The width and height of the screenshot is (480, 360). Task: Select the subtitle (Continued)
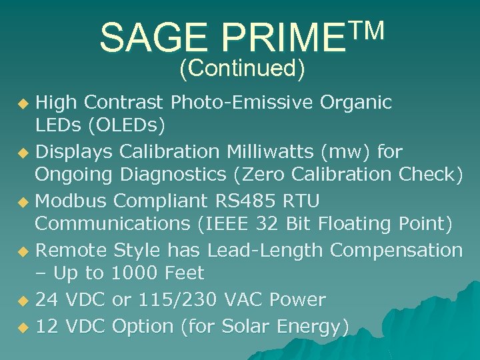point(241,67)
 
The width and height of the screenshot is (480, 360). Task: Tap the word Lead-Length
point(265,250)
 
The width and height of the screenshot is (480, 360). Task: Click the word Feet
point(182,273)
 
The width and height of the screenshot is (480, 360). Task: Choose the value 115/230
point(176,300)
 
